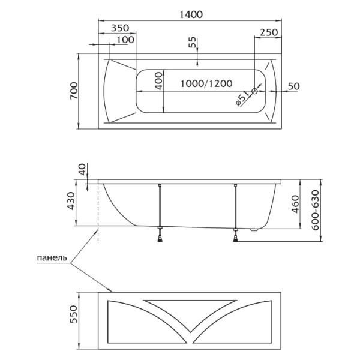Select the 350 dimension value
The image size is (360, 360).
pyautogui.click(x=120, y=28)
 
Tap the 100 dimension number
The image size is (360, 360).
pyautogui.click(x=125, y=40)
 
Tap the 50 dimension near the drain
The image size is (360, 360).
pyautogui.click(x=293, y=86)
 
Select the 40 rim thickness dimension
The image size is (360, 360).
pyautogui.click(x=82, y=170)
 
